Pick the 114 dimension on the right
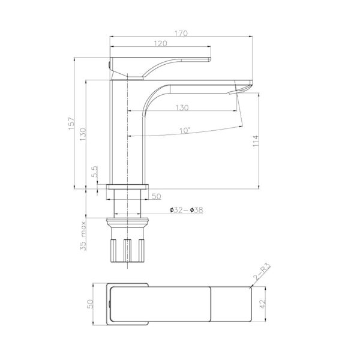(x=256, y=142)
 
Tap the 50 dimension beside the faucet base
(x=155, y=196)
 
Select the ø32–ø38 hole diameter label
(x=186, y=210)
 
